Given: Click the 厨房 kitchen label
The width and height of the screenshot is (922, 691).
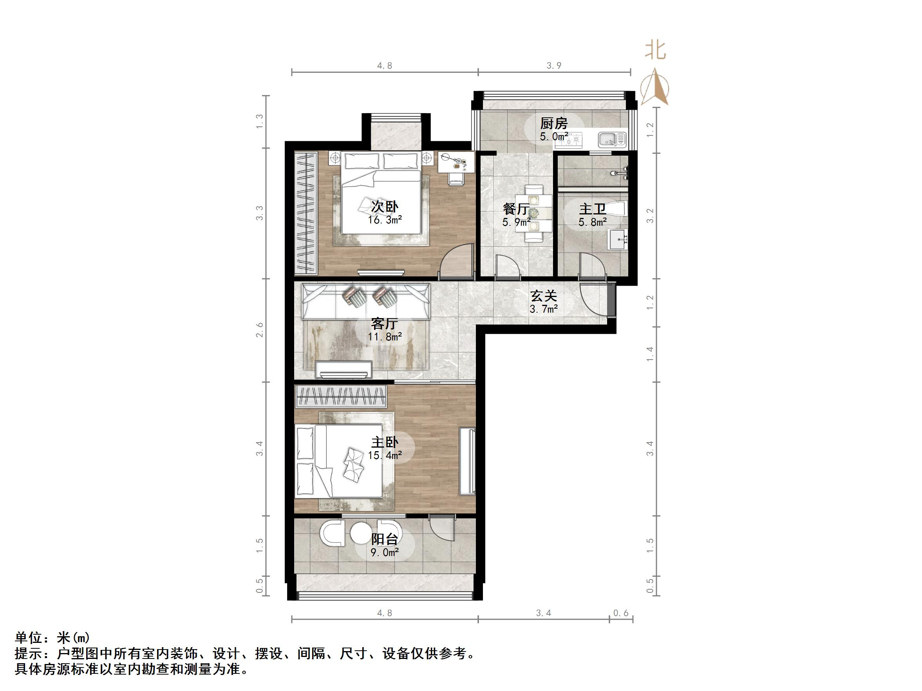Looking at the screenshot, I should [x=553, y=123].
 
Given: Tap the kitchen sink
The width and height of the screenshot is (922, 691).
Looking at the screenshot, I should [x=612, y=140].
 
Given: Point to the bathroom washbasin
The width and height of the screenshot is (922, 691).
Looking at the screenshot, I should [x=618, y=240].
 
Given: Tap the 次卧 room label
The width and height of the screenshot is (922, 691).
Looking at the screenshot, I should [x=384, y=206].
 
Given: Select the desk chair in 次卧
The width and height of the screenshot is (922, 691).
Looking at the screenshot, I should [x=456, y=179].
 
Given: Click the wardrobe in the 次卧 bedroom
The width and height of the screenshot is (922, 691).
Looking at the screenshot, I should [x=306, y=213].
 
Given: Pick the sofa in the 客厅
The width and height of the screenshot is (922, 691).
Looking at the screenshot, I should [x=366, y=301].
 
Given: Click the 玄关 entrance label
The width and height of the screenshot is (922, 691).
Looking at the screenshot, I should [x=544, y=296].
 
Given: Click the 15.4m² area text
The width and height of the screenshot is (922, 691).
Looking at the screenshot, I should [x=384, y=455].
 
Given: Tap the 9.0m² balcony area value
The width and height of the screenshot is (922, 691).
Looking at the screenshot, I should [x=384, y=552].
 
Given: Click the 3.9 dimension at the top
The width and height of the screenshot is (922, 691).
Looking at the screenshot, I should [x=554, y=65].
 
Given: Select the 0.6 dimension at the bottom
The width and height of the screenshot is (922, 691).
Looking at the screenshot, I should [x=621, y=613].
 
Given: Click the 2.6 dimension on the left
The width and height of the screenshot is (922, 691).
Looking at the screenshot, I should [x=260, y=330].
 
